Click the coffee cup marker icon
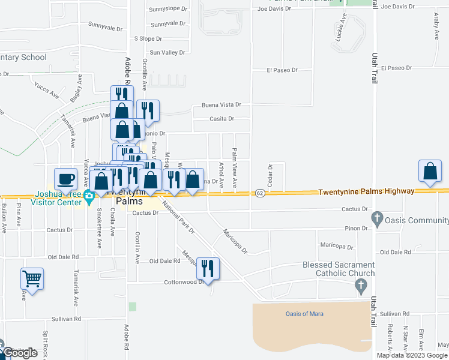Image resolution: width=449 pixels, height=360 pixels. (x=65, y=179)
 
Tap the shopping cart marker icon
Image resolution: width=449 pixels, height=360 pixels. (x=32, y=278)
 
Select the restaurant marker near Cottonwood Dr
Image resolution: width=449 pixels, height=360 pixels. (x=208, y=268)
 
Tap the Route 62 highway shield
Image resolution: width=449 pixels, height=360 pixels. (x=259, y=193)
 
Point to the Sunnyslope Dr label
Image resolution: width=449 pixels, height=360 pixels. (x=169, y=11)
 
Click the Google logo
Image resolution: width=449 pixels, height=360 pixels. (x=20, y=353)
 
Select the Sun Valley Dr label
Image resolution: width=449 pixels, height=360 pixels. (x=167, y=53)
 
